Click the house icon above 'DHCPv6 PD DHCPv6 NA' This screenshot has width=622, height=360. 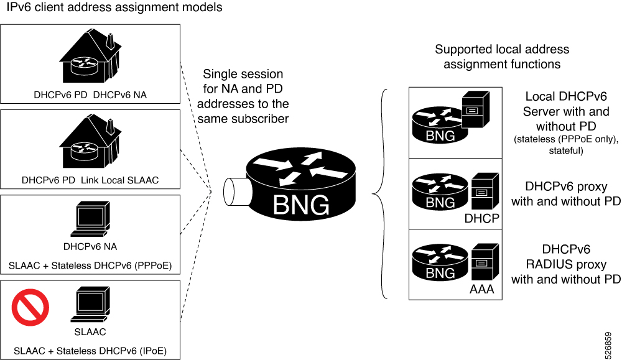90,58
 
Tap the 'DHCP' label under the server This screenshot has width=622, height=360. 482,218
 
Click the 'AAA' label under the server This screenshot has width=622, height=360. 482,289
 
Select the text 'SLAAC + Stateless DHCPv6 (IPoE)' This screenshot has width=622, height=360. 90,351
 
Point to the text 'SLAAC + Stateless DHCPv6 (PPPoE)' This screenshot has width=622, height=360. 90,266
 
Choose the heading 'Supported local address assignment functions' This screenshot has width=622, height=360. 502,57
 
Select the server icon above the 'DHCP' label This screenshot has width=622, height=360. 483,192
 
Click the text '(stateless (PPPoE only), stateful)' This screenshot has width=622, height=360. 566,145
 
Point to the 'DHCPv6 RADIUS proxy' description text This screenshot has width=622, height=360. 566,264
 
